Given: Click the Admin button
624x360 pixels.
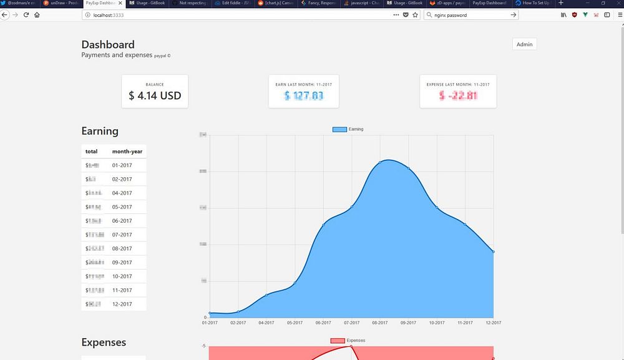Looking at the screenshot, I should click(524, 44).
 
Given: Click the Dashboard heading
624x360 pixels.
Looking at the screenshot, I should click(108, 44).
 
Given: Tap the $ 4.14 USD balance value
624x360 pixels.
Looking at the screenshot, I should click(155, 96).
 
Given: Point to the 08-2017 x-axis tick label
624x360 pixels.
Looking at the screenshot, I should click(379, 323).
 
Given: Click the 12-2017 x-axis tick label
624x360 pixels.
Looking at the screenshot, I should click(492, 323).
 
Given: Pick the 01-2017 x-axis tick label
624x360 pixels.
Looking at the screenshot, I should click(210, 323).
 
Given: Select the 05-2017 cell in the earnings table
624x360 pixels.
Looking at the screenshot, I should click(122, 207).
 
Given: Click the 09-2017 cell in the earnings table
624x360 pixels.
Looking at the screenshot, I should click(122, 263).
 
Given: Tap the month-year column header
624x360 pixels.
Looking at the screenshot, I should click(127, 152).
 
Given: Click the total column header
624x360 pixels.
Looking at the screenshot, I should click(91, 152).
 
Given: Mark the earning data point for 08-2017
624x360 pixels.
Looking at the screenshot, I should click(380, 163).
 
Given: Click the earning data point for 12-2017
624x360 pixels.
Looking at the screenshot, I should click(494, 251).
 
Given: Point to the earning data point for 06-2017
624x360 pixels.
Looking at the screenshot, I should click(323, 225).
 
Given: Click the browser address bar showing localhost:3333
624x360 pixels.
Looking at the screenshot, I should click(237, 14).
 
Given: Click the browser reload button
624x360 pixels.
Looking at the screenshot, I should click(26, 14).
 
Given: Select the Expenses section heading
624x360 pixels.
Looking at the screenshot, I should click(104, 342).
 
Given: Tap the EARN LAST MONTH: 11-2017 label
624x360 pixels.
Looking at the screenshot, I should click(303, 84).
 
